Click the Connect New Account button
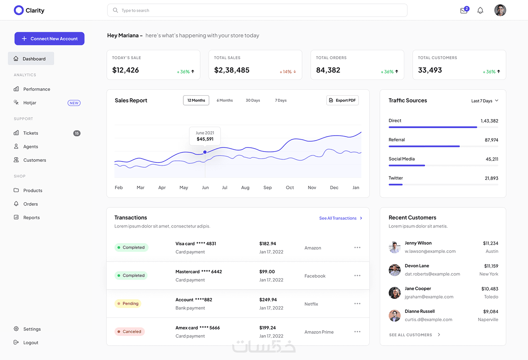click(x=49, y=38)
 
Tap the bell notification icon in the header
click(x=480, y=11)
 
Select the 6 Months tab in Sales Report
click(x=225, y=100)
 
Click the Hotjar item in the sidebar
click(x=30, y=103)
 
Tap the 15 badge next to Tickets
click(x=77, y=133)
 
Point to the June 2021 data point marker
click(x=205, y=152)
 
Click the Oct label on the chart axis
click(x=290, y=188)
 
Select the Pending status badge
click(x=128, y=303)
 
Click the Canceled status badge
click(x=129, y=331)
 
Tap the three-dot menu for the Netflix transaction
click(x=358, y=303)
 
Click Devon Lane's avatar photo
click(x=394, y=270)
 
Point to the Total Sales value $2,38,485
click(x=232, y=70)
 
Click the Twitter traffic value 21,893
click(x=491, y=178)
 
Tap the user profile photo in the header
click(x=500, y=11)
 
